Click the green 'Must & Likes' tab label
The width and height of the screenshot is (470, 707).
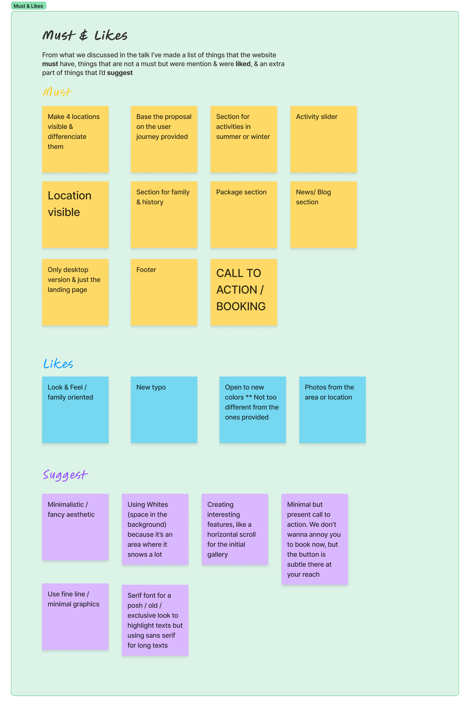click(28, 6)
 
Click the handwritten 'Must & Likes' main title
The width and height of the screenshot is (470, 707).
click(85, 35)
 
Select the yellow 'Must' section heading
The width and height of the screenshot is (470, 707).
click(57, 92)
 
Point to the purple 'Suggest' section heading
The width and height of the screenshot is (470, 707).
click(65, 475)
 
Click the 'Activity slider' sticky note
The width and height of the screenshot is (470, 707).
click(323, 139)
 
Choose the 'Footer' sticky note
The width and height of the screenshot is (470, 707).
click(164, 292)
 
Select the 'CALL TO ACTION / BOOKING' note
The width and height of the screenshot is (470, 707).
click(243, 292)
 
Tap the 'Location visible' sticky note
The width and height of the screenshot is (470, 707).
click(75, 214)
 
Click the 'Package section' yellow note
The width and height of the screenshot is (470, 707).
click(243, 214)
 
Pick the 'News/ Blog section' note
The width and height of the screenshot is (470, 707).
click(323, 214)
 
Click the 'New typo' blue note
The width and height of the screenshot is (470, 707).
click(164, 410)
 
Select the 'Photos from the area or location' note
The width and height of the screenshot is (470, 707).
click(332, 410)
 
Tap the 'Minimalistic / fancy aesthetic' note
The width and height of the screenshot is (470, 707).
click(75, 527)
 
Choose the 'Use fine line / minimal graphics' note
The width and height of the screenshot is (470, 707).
click(75, 617)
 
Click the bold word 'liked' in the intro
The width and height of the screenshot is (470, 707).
click(243, 64)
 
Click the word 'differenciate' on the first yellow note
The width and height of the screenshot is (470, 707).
click(67, 137)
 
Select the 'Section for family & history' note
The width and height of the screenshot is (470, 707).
click(164, 214)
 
